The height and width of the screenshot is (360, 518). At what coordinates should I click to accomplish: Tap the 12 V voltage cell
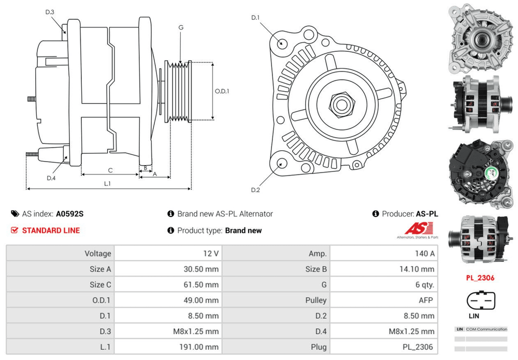pyautogui.click(x=211, y=253)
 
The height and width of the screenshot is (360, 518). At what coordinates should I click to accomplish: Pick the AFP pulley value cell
pyautogui.click(x=426, y=300)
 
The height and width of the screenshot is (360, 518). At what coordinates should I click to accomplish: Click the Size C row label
pyautogui.click(x=100, y=284)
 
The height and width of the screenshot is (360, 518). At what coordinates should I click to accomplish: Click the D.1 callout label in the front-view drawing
pyautogui.click(x=255, y=18)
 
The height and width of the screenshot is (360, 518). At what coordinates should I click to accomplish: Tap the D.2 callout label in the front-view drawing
pyautogui.click(x=255, y=190)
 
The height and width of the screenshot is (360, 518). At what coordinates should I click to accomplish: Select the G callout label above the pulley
pyautogui.click(x=181, y=27)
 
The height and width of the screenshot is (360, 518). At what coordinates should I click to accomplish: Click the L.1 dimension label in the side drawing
pyautogui.click(x=107, y=183)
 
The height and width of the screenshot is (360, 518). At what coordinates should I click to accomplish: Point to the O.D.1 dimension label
pyautogui.click(x=222, y=91)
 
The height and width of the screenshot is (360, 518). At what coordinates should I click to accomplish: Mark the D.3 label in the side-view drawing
pyautogui.click(x=50, y=12)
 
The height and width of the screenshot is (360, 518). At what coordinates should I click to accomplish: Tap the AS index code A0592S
pyautogui.click(x=69, y=213)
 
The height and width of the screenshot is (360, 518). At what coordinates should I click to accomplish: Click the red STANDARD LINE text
pyautogui.click(x=51, y=231)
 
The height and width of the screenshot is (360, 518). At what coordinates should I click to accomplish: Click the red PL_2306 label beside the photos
pyautogui.click(x=480, y=278)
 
